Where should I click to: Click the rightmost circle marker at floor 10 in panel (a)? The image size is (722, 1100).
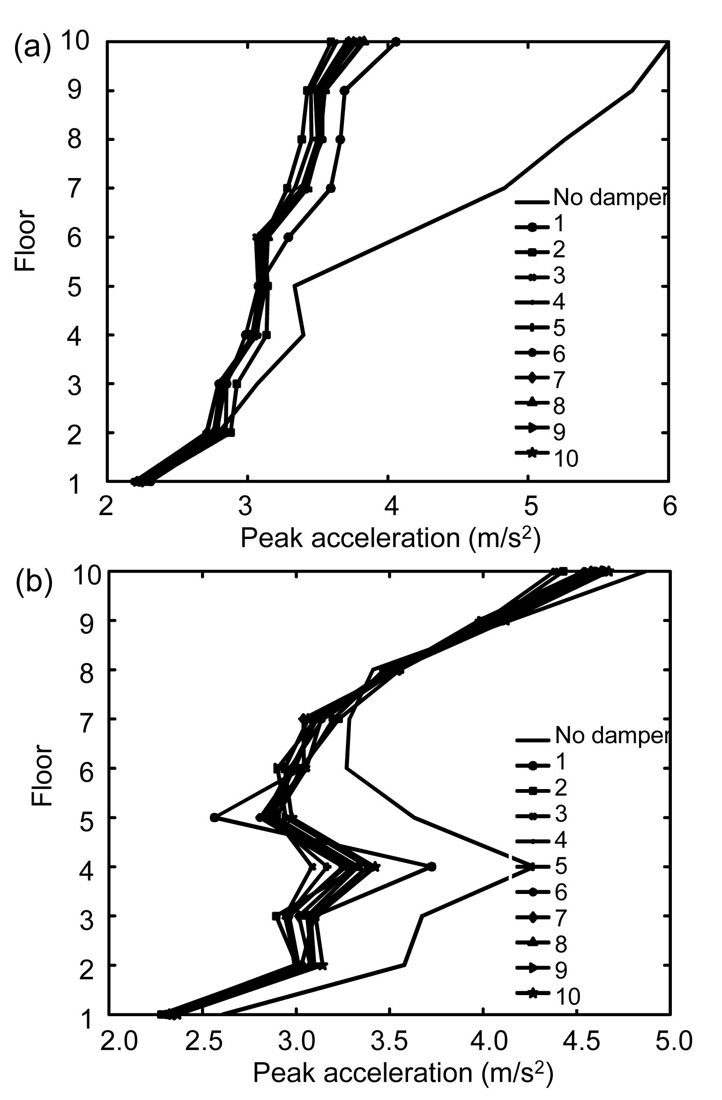[396, 42]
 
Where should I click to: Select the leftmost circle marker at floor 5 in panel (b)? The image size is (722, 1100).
[215, 817]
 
